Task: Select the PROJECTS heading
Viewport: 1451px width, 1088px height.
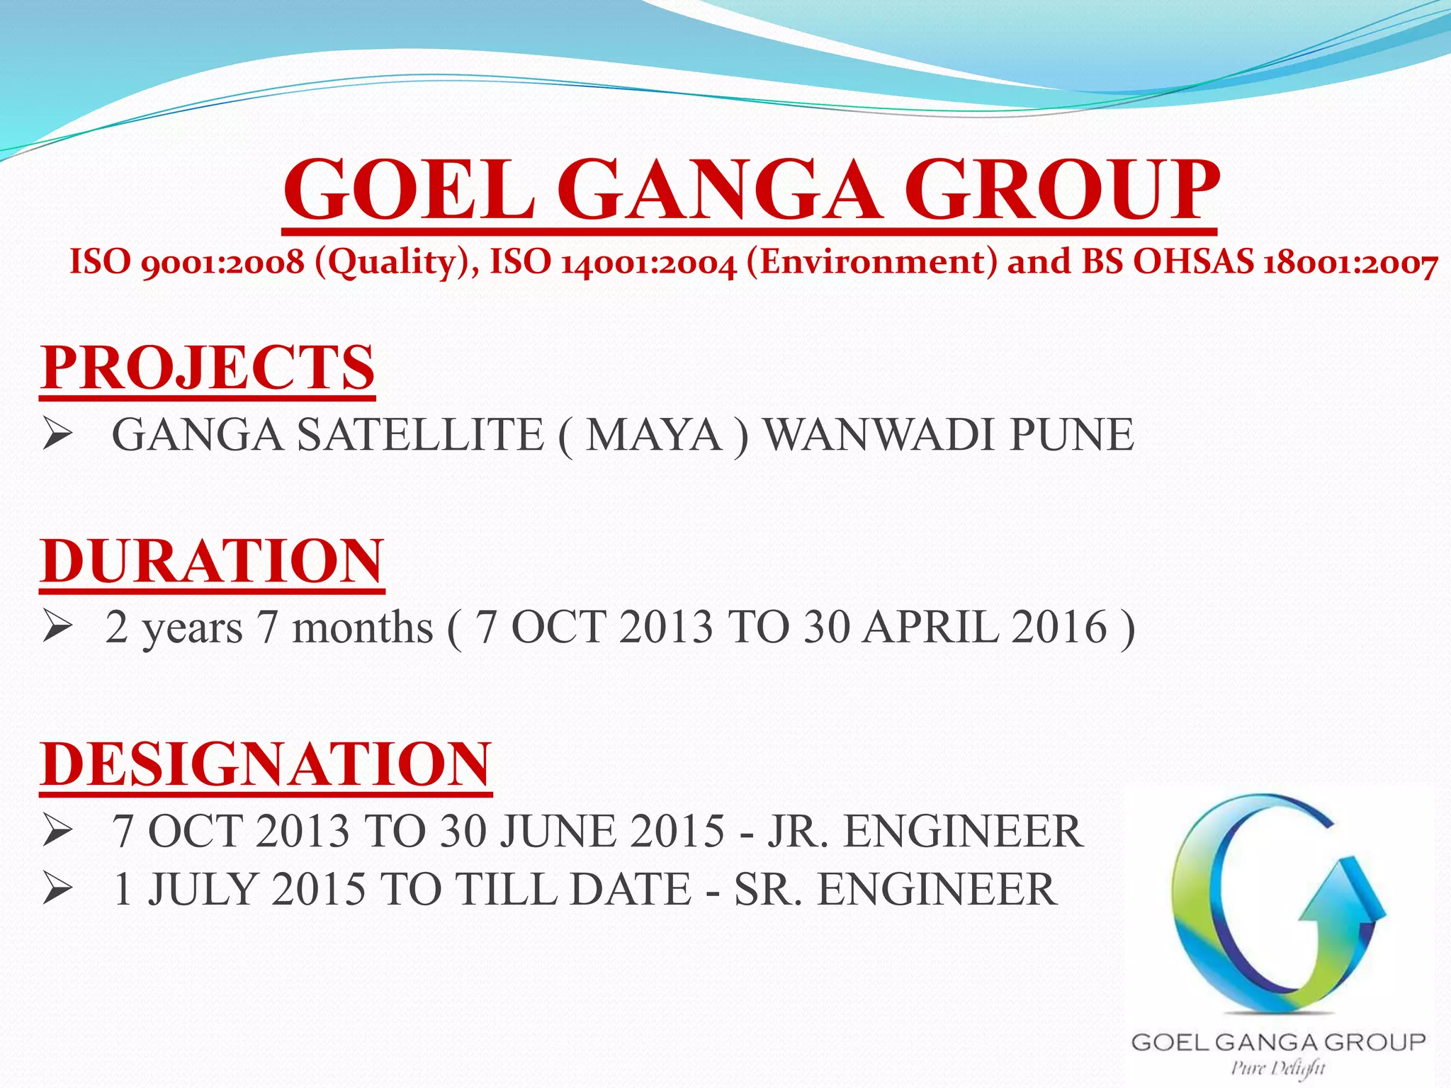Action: point(207,368)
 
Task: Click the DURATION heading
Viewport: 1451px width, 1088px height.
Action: point(212,560)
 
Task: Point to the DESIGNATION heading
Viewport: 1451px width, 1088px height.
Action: point(266,764)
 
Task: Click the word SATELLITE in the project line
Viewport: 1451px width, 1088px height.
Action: point(420,434)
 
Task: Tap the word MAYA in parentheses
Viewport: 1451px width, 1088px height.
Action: point(653,434)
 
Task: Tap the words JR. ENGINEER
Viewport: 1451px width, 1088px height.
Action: point(925,830)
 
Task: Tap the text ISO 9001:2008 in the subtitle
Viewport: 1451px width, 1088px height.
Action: point(186,262)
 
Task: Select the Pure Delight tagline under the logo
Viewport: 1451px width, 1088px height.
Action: point(1277,1067)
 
